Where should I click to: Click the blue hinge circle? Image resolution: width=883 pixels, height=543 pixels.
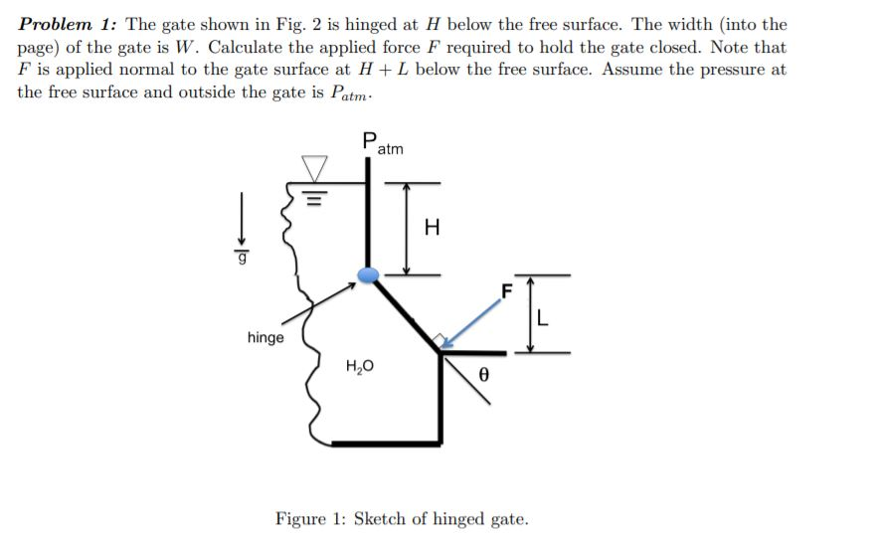(368, 274)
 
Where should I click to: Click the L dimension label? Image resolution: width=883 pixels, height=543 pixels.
(542, 319)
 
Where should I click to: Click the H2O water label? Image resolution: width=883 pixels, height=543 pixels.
(359, 366)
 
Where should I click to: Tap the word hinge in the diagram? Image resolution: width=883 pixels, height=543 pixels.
(265, 338)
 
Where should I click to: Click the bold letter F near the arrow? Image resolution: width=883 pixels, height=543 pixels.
(506, 291)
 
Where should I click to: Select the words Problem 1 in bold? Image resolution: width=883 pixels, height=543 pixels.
(68, 24)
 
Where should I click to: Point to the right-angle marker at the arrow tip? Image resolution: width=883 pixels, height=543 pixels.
(438, 341)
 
